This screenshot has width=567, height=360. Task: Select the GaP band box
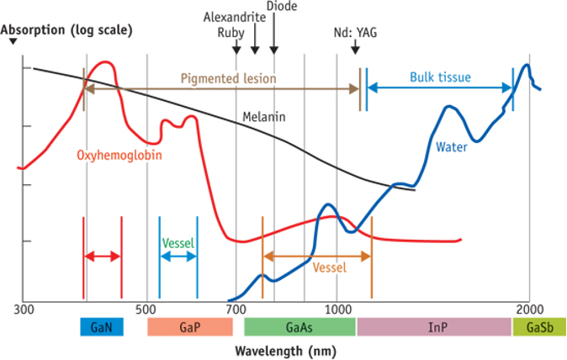[x=189, y=327]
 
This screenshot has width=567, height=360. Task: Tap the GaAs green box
[x=300, y=327]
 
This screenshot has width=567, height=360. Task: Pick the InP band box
[x=434, y=327]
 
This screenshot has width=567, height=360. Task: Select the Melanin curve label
[x=262, y=117]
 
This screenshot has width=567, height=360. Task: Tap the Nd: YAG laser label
[x=355, y=34]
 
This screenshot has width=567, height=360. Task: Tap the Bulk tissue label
[x=440, y=78]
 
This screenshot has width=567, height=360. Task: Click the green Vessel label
[x=178, y=243]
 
